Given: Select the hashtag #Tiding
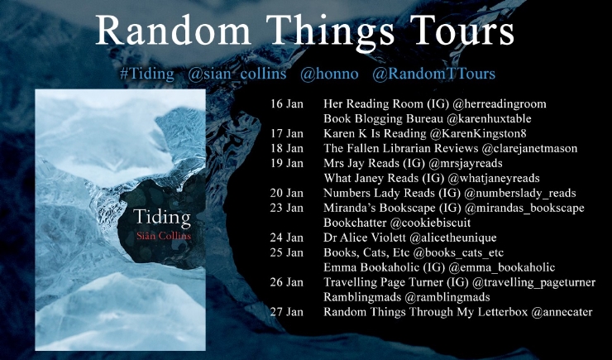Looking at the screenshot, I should coord(146,74).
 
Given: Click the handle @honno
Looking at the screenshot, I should coord(329,74).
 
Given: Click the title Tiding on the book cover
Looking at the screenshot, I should coord(162,218).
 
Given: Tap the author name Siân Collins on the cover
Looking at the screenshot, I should coord(162,236).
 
